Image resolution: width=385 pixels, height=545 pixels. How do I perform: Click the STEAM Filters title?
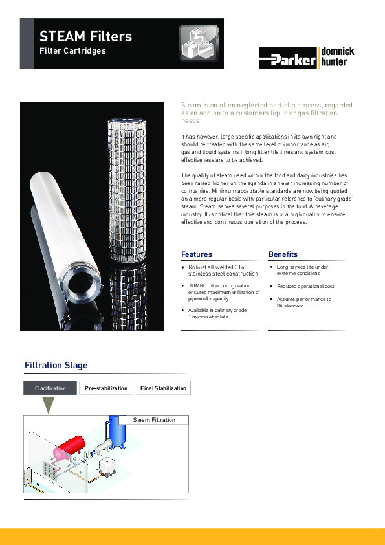(85, 36)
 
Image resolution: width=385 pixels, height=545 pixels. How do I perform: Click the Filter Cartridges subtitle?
(72, 50)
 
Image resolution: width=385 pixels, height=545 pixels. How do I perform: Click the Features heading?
(197, 254)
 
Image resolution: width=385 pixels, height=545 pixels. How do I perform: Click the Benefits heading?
(283, 254)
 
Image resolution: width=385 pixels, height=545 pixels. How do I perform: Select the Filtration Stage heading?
(56, 366)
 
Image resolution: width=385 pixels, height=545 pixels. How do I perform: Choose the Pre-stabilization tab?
(106, 388)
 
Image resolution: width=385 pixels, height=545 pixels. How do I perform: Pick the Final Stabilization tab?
(163, 388)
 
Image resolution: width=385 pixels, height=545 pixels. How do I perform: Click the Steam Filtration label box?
(154, 420)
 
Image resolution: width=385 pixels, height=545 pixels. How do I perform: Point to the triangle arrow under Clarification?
(48, 405)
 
